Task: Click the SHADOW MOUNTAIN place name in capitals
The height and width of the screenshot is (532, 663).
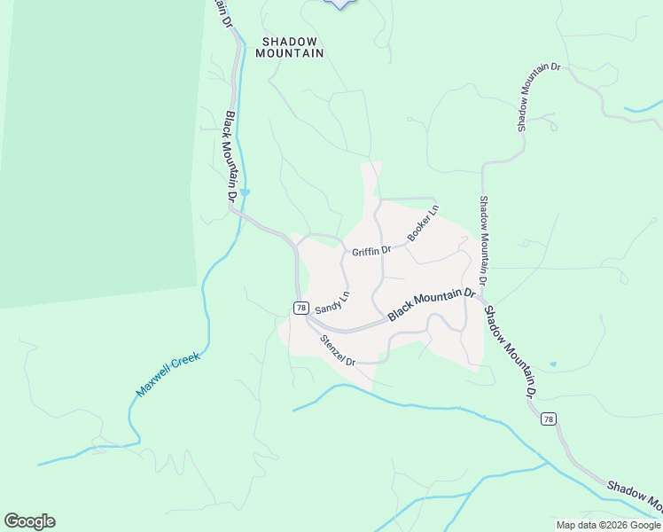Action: pos(289,47)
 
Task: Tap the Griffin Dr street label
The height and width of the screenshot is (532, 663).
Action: pos(371,252)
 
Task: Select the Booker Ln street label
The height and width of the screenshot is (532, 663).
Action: pos(423,223)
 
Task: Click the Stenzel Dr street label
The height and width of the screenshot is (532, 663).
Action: pos(338,350)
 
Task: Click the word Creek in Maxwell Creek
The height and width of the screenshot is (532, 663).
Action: pos(187,362)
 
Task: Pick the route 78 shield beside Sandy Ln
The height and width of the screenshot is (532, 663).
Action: pos(301,308)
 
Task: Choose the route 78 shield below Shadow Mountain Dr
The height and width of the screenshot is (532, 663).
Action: pos(550,419)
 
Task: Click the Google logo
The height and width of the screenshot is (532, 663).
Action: pos(29,521)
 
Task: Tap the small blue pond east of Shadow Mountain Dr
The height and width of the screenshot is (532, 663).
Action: pos(553,364)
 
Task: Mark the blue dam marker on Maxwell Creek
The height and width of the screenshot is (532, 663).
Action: pos(246,192)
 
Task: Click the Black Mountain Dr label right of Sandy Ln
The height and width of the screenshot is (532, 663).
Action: pos(432,303)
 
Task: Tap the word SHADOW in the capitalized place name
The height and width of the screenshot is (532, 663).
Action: pos(289,41)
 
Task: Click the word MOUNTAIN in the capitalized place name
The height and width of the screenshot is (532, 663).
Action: pos(289,53)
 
